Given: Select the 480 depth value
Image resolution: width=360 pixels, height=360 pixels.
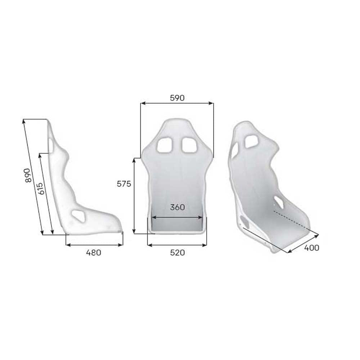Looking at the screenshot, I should pos(94,253).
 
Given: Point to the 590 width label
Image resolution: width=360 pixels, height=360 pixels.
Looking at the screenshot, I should pos(177,98).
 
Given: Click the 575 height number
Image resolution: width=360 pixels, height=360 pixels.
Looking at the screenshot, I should pos(124,184).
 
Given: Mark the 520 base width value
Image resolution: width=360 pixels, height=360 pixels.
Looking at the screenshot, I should pos(177,253).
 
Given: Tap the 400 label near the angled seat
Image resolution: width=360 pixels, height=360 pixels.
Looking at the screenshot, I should pos(312,248).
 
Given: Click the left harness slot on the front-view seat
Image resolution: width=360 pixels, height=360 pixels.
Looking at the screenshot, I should pos(165,145).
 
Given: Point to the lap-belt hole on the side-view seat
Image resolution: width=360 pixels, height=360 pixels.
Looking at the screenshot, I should pos(78,215).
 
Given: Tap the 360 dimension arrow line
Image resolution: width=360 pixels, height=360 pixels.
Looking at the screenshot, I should pos(177,217).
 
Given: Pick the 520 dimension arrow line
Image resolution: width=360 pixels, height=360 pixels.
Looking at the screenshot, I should pos(177,245).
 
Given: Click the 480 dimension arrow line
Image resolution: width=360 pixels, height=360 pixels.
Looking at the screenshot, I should pos(95,245).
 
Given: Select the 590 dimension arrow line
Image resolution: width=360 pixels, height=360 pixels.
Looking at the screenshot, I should pos(177,103).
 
